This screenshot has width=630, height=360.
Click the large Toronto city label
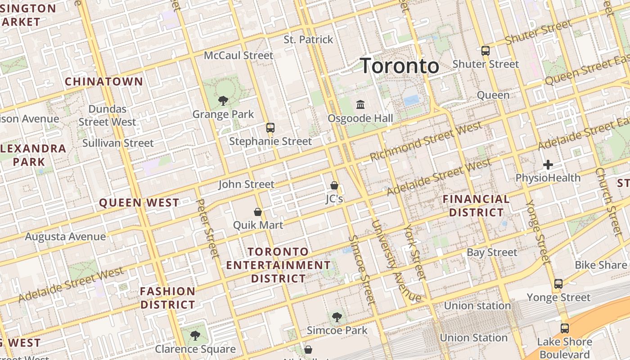400,66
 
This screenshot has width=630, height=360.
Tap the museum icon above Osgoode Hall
360,104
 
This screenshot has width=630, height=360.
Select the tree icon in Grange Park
223,100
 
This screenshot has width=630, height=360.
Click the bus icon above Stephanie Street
270,127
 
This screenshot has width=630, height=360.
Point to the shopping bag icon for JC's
334,185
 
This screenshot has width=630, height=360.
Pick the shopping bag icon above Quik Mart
258,211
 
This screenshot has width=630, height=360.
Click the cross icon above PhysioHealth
548,165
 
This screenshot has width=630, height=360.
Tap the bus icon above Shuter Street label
485,50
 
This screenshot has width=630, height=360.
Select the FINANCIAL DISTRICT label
476,206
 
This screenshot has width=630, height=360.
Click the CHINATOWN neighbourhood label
104,82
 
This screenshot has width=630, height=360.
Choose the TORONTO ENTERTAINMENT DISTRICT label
278,265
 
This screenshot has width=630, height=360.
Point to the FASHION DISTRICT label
167,298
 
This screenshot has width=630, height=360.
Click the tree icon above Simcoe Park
337,317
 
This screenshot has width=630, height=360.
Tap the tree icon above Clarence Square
195,335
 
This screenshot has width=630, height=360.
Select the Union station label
477,306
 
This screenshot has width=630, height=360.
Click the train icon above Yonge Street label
558,283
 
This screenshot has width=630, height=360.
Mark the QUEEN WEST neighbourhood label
139,203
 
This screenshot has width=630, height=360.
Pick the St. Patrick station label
308,40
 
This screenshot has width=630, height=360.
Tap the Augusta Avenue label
65,237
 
